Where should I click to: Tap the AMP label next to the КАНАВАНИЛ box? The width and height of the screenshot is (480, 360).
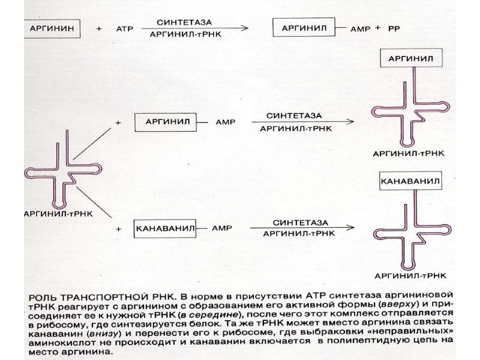pyautogui.click(x=225, y=228)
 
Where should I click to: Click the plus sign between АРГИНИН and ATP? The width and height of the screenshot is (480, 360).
pyautogui.click(x=99, y=28)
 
